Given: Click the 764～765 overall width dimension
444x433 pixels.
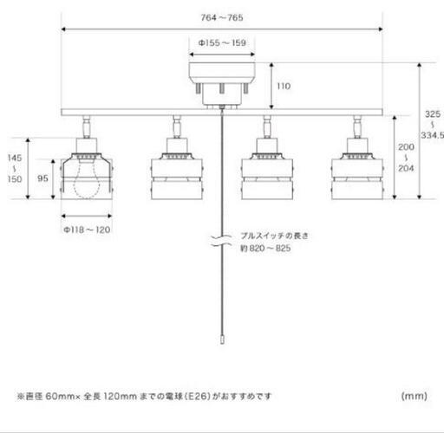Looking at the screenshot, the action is point(222,17).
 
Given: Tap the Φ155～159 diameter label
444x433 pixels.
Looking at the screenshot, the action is point(222,43).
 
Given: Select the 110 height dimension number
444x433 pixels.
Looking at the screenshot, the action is point(284,86).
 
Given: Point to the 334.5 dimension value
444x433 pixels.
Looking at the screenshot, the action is point(432,135).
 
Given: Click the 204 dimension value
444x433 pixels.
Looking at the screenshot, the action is point(406,168).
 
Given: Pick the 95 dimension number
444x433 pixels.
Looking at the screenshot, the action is point(42,178).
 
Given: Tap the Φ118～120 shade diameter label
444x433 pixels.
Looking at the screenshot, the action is point(87,229).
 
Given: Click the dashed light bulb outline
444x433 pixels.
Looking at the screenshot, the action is point(87,180).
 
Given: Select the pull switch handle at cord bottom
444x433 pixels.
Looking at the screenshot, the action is point(222,339).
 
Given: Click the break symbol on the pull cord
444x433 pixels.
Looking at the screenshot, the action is point(221,241).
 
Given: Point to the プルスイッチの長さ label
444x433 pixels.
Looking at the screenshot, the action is point(275,236).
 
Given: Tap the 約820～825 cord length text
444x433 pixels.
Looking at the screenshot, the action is point(265,249).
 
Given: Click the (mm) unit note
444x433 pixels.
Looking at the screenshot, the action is point(415,396).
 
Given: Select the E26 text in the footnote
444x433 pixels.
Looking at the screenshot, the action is point(198,396).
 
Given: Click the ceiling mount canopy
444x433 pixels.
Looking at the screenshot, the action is point(222,86).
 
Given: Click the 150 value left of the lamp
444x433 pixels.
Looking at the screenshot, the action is point(15,179).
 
